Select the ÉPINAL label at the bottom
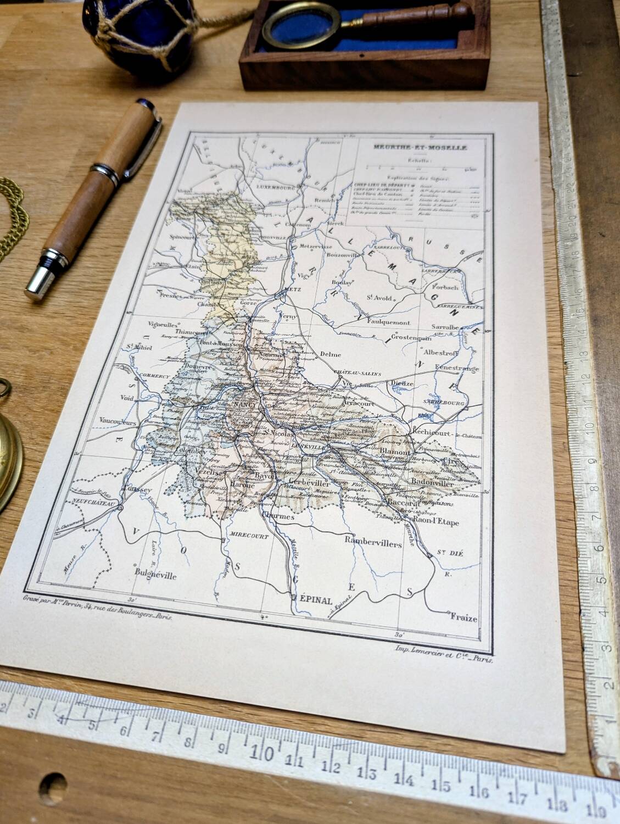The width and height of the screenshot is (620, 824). pos(315,600)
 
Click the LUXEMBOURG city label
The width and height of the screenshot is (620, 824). pos(277,186)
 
